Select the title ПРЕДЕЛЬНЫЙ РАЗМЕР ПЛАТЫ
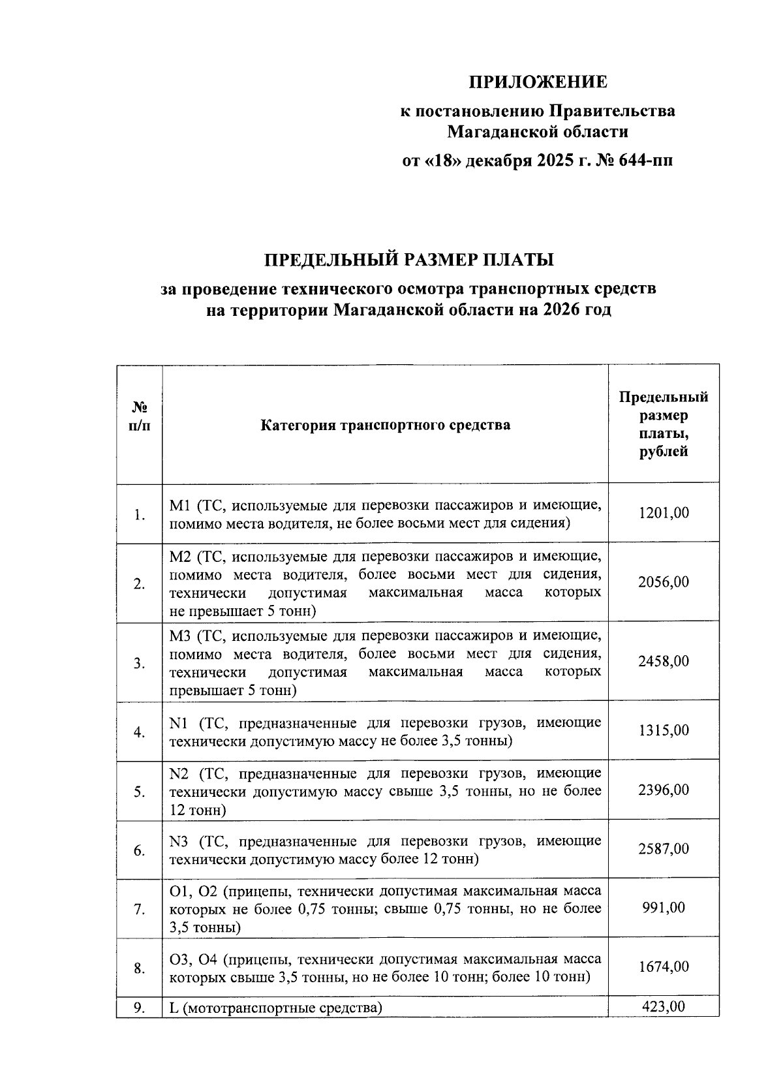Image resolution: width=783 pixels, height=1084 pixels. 408,260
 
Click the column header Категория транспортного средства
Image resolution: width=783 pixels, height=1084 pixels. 385,426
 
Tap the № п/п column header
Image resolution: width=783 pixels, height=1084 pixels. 139,416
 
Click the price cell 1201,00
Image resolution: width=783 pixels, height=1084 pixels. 663,513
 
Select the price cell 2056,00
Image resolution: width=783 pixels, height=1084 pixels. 663,582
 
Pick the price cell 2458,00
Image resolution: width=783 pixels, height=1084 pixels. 663,662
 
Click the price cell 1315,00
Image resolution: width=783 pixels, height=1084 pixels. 663,730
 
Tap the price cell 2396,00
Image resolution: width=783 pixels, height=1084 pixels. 663,790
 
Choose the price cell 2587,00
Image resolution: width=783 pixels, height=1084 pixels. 663,849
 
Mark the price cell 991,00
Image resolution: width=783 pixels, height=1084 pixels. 663,908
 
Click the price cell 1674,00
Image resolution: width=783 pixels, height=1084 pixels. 663,967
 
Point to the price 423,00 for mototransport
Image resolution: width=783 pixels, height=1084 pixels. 663,1007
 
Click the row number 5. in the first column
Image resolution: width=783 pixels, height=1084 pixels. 139,792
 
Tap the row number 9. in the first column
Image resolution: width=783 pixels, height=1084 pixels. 139,1008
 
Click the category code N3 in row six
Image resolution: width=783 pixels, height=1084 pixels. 179,841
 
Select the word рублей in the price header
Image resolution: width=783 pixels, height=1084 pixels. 663,452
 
